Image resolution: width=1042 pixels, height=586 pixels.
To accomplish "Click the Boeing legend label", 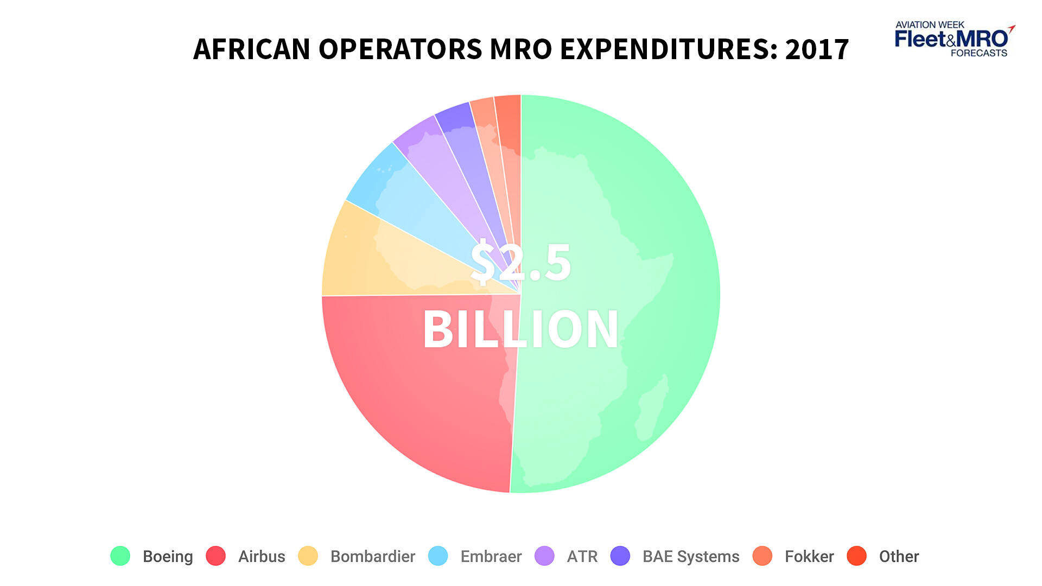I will (x=168, y=557).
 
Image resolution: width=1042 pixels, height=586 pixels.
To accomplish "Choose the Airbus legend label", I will (x=262, y=557).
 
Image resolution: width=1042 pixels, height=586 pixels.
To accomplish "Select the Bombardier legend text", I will (x=373, y=557).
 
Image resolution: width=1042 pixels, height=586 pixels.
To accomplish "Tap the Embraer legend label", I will (x=491, y=557).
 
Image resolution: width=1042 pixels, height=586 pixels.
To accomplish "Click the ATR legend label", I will (x=582, y=557).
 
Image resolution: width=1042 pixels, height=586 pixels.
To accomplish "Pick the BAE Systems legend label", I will (x=691, y=557).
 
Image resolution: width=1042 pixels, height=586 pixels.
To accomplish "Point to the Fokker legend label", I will (x=809, y=557).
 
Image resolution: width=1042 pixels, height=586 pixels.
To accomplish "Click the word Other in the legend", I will (x=899, y=557).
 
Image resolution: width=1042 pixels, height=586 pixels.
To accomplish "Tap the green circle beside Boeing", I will (x=120, y=556).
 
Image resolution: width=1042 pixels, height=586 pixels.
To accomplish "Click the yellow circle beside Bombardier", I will (x=308, y=556).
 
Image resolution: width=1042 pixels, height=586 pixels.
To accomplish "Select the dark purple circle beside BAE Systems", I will (x=620, y=556).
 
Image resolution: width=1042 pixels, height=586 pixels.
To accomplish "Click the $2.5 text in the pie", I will (x=521, y=263).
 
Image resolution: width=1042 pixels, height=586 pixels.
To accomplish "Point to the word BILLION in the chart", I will (x=521, y=329).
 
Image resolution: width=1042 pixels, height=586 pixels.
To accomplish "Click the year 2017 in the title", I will (x=817, y=49).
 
